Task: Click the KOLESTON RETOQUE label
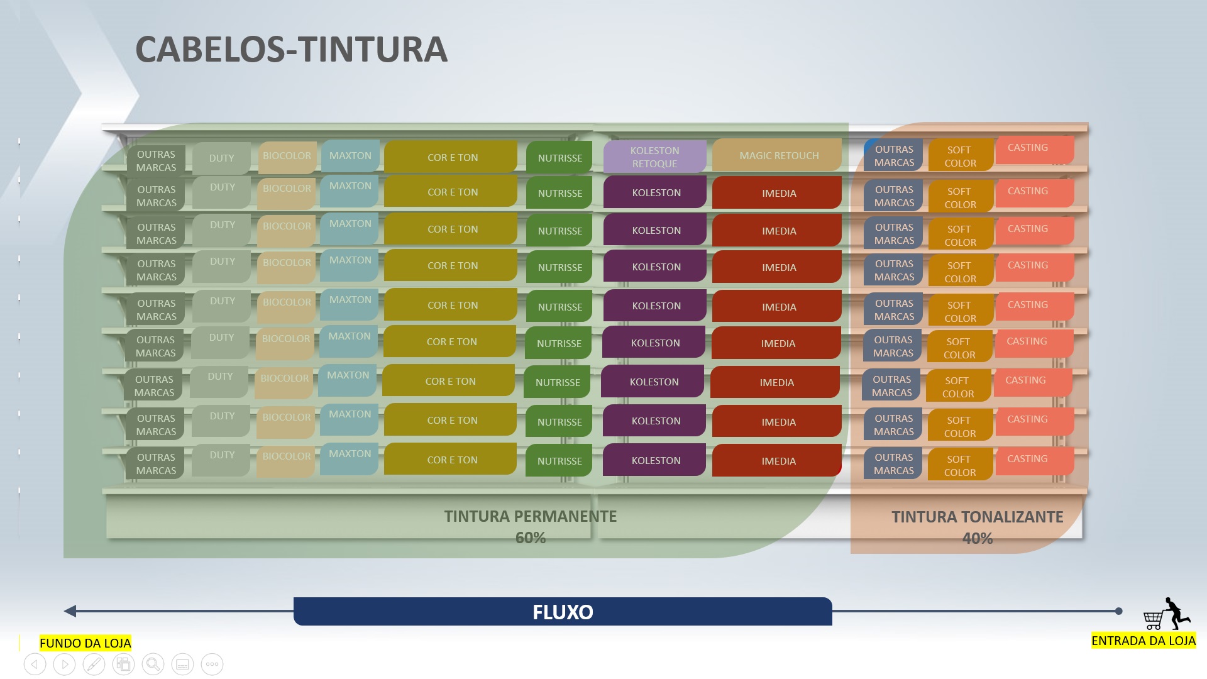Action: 654,157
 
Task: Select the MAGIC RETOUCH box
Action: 778,155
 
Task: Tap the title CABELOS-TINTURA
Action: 291,50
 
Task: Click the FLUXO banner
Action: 563,612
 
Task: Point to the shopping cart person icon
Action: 1167,614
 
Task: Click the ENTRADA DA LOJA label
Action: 1143,641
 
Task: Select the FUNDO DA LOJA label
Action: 85,643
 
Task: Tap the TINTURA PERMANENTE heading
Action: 530,516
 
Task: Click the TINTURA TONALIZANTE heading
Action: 977,517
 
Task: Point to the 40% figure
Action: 977,538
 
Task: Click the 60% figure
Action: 530,538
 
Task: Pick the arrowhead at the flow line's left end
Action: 70,611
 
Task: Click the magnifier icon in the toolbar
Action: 153,664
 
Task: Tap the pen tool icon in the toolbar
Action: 94,664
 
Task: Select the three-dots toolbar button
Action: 212,664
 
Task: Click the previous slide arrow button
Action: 35,664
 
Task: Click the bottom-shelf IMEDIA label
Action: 778,461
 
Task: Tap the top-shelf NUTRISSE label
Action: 559,158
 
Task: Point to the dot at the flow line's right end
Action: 1118,611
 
